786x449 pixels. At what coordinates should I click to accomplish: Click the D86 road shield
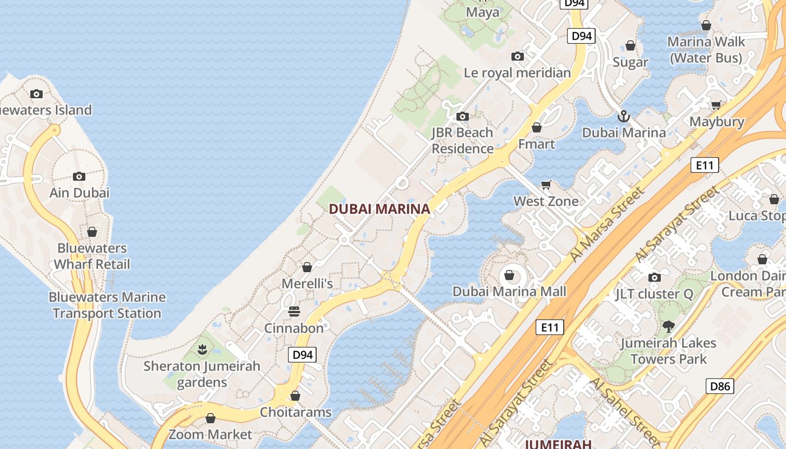point(720,386)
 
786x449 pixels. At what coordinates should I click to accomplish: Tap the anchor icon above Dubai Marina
point(623,117)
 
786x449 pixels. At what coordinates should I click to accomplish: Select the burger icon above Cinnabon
point(294,311)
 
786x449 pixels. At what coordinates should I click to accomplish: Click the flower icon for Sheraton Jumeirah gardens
point(202,350)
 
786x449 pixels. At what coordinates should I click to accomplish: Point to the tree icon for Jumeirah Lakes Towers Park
point(668,326)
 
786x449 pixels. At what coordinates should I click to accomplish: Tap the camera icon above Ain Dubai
point(79,176)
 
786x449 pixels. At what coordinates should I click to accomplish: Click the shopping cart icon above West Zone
point(546,185)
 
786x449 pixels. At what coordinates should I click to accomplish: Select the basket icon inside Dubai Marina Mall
point(509,275)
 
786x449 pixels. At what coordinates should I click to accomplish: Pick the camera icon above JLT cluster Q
point(654,277)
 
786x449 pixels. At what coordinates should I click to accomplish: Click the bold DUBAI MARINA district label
point(380,209)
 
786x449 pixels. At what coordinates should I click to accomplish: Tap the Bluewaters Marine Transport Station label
point(107,305)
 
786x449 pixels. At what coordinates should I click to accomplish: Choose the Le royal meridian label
point(517,73)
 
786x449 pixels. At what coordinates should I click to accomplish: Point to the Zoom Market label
point(211,434)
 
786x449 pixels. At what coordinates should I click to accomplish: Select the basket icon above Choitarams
point(295,396)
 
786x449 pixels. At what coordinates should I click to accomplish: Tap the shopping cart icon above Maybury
point(716,105)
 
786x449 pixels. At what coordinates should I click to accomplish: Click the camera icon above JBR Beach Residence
point(463,117)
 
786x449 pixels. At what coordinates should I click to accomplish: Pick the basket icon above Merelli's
point(307,267)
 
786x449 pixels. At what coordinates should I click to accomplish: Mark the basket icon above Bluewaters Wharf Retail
point(92,232)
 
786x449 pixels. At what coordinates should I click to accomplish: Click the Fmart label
point(536,144)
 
